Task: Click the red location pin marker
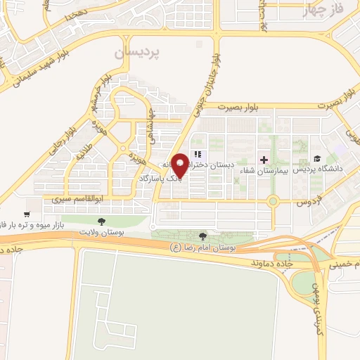tap(180, 164)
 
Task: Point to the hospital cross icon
tap(264, 160)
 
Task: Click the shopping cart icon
tap(27, 214)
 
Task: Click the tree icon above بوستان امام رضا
tap(204, 237)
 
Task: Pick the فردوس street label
tap(306, 202)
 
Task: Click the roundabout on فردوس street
tap(274, 202)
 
